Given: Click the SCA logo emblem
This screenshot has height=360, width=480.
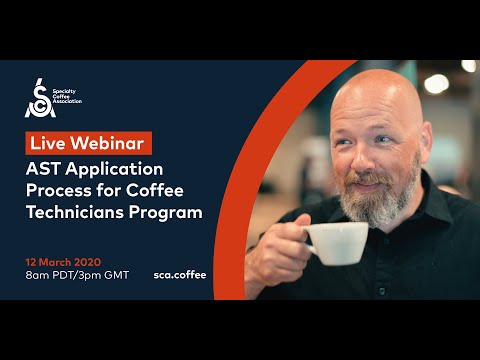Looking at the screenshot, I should point(38,98).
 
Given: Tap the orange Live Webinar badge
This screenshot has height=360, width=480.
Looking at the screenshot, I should point(90,141).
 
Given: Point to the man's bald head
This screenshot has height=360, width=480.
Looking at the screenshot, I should point(374,95).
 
